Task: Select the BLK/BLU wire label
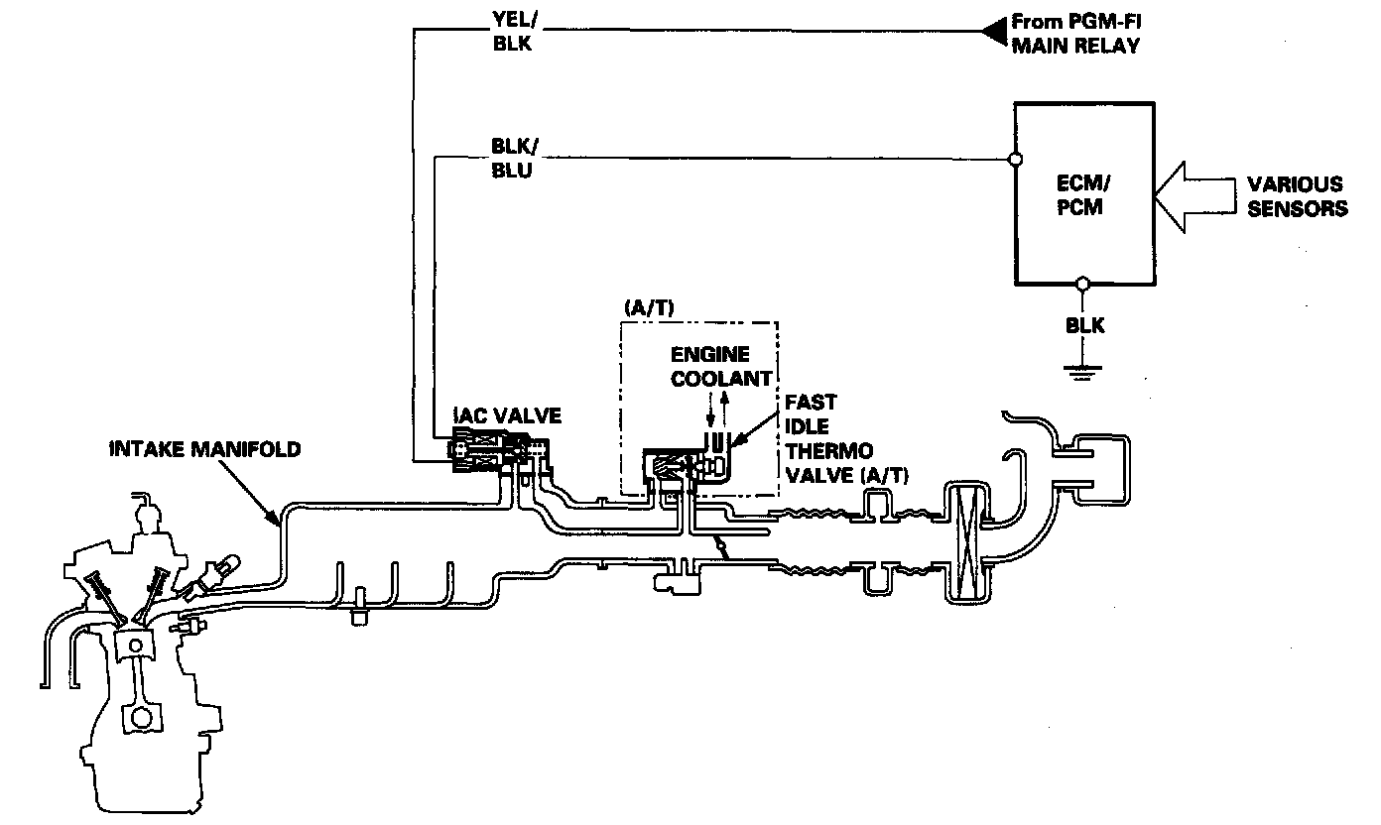pos(512,160)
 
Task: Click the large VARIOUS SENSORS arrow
pos(1194,195)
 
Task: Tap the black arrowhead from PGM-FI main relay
pos(992,33)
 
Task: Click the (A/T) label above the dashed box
pos(649,307)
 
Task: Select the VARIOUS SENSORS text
pos(1297,196)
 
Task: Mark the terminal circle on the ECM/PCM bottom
pos(1083,283)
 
